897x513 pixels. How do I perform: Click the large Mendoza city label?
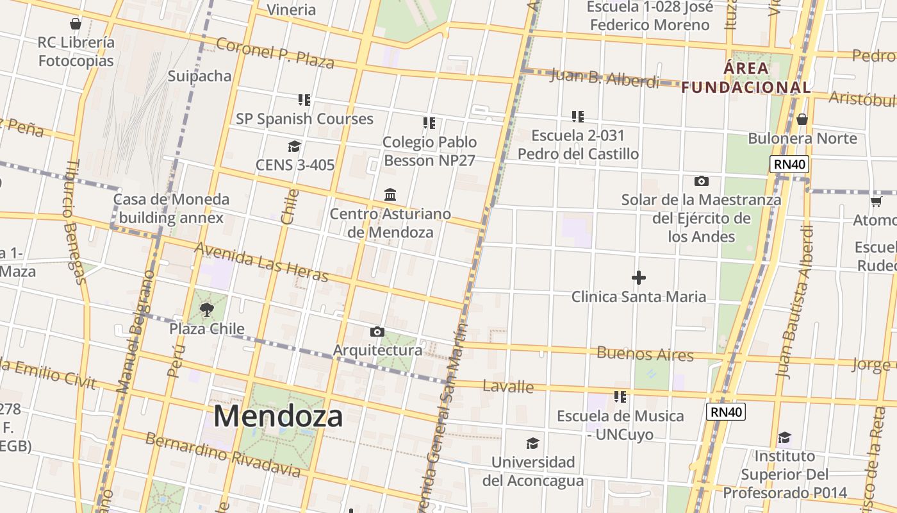[278, 416]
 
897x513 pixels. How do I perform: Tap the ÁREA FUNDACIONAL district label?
[746, 78]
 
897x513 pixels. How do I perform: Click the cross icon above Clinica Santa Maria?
[638, 278]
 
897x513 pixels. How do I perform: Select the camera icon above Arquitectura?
[377, 332]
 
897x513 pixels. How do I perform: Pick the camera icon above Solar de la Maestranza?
[702, 181]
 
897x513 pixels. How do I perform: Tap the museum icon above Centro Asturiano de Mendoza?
[390, 194]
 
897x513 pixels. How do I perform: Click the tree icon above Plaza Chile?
[206, 310]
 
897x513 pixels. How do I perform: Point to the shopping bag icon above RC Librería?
[76, 24]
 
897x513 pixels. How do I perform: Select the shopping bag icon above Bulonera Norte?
[802, 119]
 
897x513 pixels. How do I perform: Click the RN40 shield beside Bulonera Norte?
[789, 164]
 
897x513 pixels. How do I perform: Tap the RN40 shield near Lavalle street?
[726, 412]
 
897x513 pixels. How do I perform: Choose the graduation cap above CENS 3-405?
[294, 146]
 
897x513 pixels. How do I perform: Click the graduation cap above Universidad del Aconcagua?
[532, 443]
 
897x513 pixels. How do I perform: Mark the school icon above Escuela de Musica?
[620, 397]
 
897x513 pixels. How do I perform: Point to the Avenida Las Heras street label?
[261, 262]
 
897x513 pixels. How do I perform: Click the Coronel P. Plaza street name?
[275, 53]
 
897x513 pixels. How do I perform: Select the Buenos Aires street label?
[645, 353]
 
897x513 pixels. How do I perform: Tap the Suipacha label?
[199, 76]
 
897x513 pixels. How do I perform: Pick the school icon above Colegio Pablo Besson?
[429, 122]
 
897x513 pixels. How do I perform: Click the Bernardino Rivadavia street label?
[222, 455]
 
